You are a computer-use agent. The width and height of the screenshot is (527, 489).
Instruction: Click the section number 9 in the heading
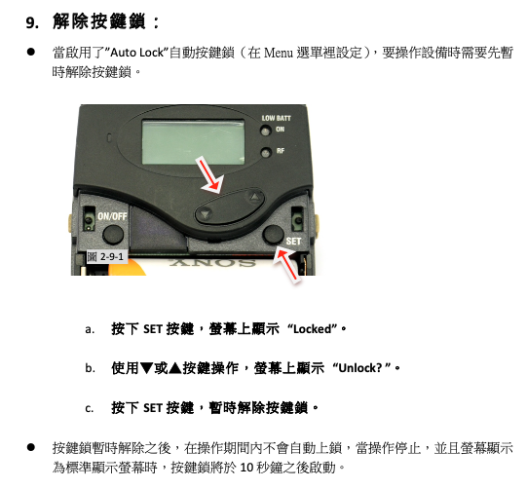[32, 23]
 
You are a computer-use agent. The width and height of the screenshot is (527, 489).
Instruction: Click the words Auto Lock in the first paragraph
[137, 53]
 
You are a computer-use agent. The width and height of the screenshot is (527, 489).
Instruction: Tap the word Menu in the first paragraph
[279, 53]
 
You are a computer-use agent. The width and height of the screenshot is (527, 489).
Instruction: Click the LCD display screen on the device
[193, 142]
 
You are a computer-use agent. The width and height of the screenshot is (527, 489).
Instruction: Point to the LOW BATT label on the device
[276, 118]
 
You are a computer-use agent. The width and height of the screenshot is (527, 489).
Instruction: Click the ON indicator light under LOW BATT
[266, 131]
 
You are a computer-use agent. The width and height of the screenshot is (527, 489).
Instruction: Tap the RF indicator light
[266, 153]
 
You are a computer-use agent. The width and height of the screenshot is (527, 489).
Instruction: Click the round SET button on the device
[273, 234]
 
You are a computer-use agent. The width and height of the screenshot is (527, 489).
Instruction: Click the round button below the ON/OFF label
[113, 235]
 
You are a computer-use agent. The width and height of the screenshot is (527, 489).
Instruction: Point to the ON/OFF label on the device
[112, 216]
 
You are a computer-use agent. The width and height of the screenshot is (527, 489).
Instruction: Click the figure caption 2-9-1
[106, 257]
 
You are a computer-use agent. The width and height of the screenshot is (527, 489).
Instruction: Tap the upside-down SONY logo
[212, 262]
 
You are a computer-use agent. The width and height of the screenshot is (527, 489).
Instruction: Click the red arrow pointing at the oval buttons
[209, 176]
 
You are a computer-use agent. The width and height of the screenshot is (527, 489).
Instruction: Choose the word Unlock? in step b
[360, 368]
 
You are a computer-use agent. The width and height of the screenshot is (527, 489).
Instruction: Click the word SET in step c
[153, 408]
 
